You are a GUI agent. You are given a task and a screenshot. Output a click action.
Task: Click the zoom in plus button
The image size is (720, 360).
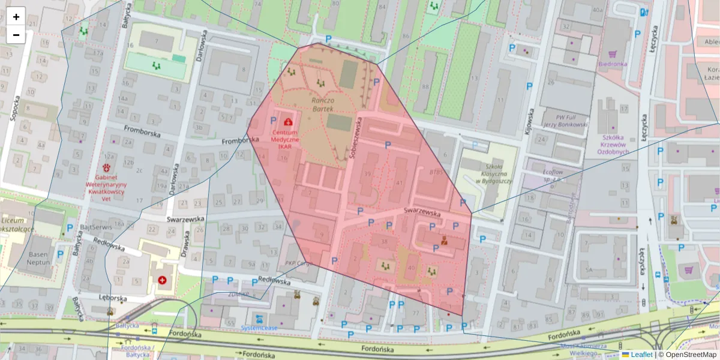click(x=16, y=17)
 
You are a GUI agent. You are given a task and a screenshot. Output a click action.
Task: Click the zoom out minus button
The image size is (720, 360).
click(x=16, y=35)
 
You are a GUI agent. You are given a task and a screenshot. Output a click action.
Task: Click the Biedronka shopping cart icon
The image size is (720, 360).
click(x=613, y=53)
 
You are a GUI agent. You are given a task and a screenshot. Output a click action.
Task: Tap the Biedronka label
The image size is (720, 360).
click(x=613, y=64)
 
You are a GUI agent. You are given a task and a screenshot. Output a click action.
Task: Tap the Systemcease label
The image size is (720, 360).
click(x=259, y=328)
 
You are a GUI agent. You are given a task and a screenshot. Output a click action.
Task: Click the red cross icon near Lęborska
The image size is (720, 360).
click(x=162, y=280)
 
